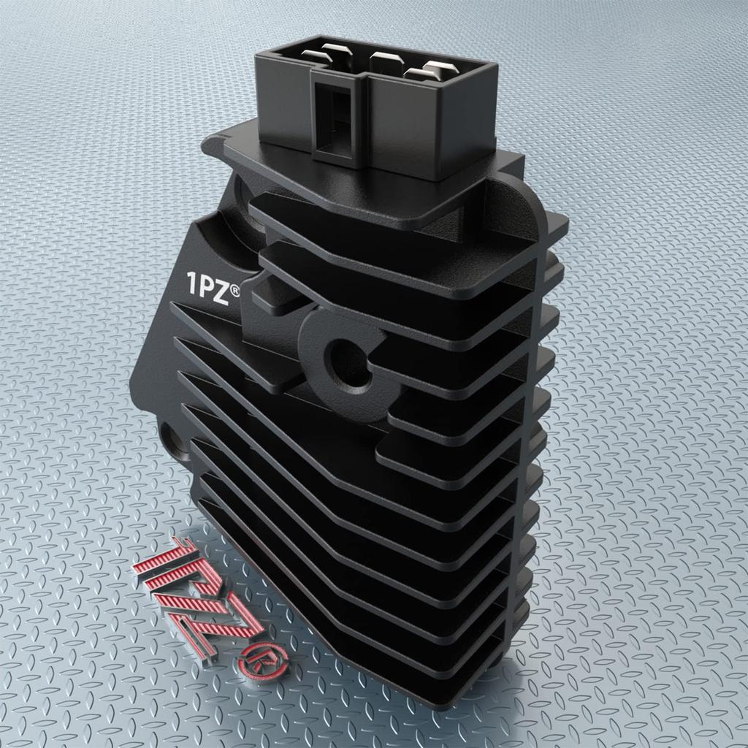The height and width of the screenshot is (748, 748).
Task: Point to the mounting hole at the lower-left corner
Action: click(x=172, y=438)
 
